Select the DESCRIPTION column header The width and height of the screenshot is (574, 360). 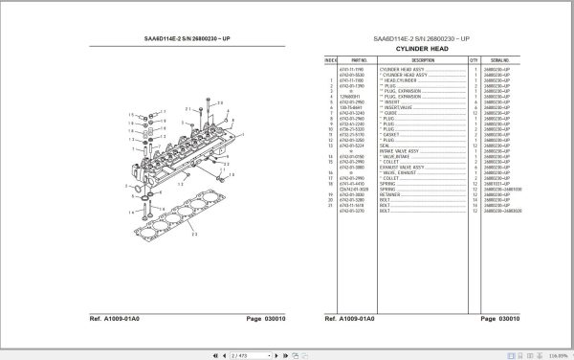click(x=418, y=59)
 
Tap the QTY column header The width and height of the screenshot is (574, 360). click(x=474, y=59)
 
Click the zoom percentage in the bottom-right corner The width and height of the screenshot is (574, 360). click(x=556, y=353)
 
